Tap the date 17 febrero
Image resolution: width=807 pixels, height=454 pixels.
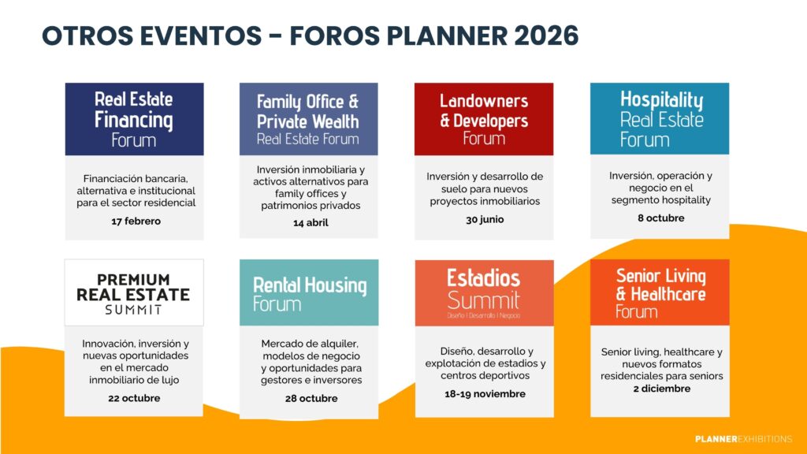(x=136, y=221)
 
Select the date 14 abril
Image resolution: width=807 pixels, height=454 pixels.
(x=311, y=223)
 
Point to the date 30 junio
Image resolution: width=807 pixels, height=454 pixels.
(x=485, y=220)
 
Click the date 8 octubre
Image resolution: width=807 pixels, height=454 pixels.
(x=661, y=218)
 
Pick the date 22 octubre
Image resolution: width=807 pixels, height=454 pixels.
(x=134, y=398)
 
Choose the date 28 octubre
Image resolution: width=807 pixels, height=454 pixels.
(x=311, y=398)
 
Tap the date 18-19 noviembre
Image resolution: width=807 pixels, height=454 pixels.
(x=485, y=394)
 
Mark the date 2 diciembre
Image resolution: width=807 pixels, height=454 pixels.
(x=662, y=389)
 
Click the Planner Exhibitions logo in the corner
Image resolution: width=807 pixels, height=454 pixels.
(x=743, y=439)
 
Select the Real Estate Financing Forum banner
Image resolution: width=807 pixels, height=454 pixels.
(x=134, y=119)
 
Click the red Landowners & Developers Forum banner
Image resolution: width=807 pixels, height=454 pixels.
(x=484, y=119)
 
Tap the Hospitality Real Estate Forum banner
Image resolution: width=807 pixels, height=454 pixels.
(x=660, y=118)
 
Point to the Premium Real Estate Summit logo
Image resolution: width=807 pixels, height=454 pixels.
(x=134, y=293)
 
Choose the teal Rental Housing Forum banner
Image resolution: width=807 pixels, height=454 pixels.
(x=309, y=292)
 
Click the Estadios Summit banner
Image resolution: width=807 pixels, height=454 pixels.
(x=485, y=293)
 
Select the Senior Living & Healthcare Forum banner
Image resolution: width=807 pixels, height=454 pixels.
(x=660, y=292)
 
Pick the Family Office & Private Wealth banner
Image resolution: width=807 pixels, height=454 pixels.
(x=308, y=119)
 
